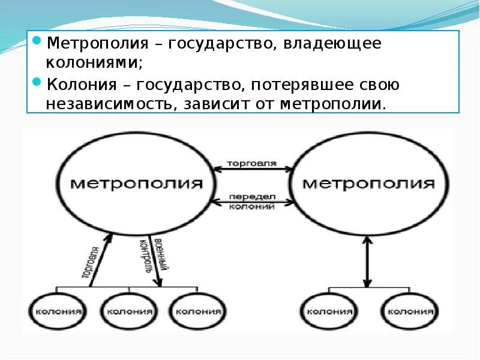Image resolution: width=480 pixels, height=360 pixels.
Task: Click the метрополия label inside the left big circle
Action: pyautogui.click(x=136, y=183)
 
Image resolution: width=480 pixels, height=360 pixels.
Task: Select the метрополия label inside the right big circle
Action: pyautogui.click(x=368, y=183)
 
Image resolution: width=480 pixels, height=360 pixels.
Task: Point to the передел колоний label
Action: pyautogui.click(x=252, y=202)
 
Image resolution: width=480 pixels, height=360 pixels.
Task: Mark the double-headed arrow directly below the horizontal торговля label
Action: pyautogui.click(x=252, y=171)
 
